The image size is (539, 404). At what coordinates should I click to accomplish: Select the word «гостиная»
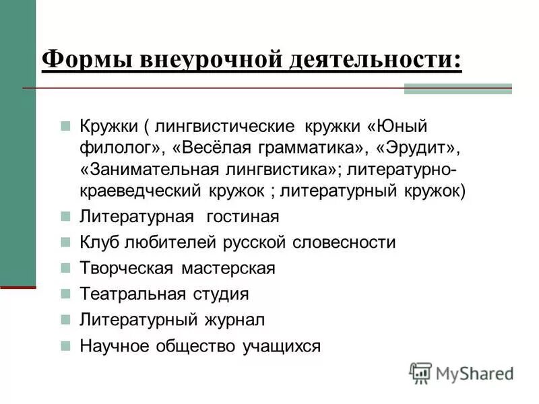click(x=238, y=217)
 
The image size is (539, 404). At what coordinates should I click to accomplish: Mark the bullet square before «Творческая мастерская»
click(x=65, y=268)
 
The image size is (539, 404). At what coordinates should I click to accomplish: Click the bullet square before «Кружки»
click(x=65, y=126)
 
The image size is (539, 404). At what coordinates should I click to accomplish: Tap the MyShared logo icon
click(x=420, y=372)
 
